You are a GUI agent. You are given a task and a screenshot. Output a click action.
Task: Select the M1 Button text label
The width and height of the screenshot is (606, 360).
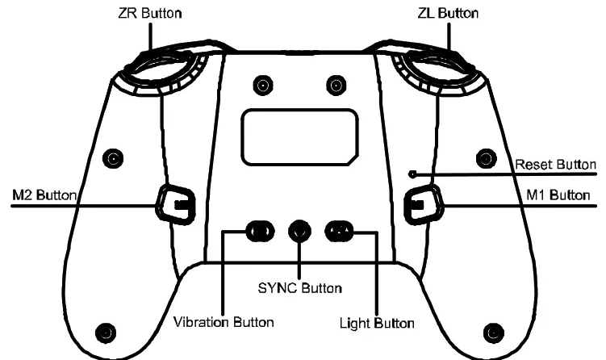(x=558, y=195)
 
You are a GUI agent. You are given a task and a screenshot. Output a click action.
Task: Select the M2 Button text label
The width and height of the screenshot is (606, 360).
(x=44, y=195)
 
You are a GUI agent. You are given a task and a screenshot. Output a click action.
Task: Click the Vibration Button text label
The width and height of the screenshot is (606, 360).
(x=224, y=322)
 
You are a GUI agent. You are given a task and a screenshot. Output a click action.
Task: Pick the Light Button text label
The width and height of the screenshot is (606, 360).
(x=377, y=323)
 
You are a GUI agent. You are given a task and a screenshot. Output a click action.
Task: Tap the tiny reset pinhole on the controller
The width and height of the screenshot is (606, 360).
(x=412, y=173)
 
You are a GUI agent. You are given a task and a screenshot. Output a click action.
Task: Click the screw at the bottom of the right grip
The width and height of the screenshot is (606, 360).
(x=494, y=332)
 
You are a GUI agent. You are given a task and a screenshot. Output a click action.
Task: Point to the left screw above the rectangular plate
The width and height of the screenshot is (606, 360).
(x=262, y=85)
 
